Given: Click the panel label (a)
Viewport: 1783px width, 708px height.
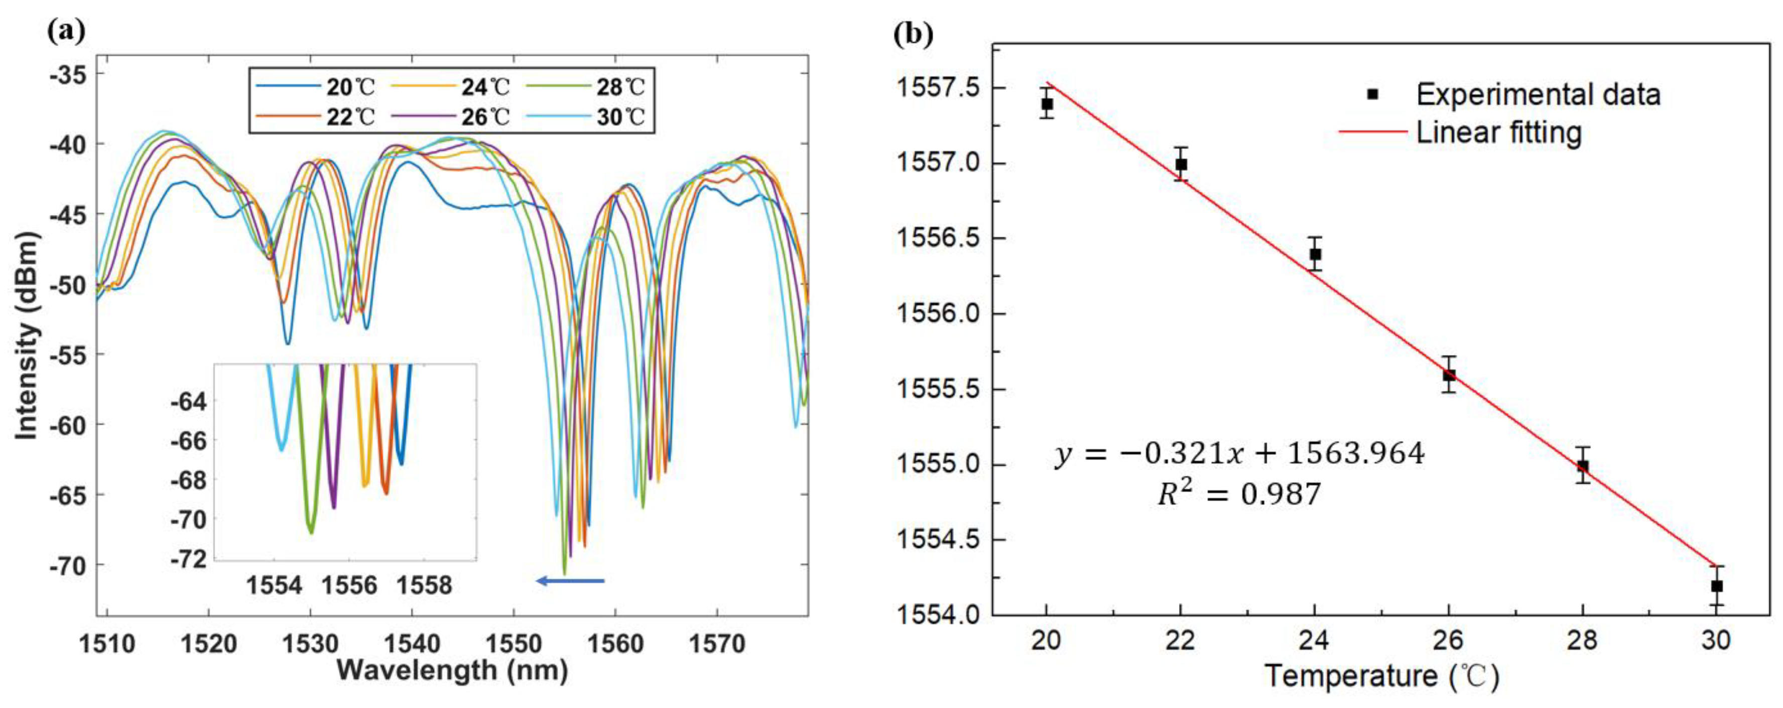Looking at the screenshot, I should click(66, 31).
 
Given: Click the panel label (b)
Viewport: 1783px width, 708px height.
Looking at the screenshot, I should click(914, 33).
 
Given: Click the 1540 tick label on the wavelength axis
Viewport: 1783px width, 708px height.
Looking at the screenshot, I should click(411, 644).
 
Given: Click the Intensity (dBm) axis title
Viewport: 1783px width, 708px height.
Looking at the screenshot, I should click(26, 335).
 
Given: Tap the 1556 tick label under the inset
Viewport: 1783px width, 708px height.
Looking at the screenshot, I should click(349, 585).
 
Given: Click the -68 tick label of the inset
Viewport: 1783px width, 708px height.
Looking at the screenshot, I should click(188, 480).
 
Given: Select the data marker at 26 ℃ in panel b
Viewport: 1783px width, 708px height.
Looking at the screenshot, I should click(1449, 375).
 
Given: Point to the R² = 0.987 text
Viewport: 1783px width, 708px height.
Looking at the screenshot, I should click(1239, 494).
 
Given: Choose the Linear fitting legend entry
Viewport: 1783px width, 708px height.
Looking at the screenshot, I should click(1498, 132).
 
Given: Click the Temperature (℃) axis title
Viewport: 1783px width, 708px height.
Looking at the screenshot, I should click(1381, 676).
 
